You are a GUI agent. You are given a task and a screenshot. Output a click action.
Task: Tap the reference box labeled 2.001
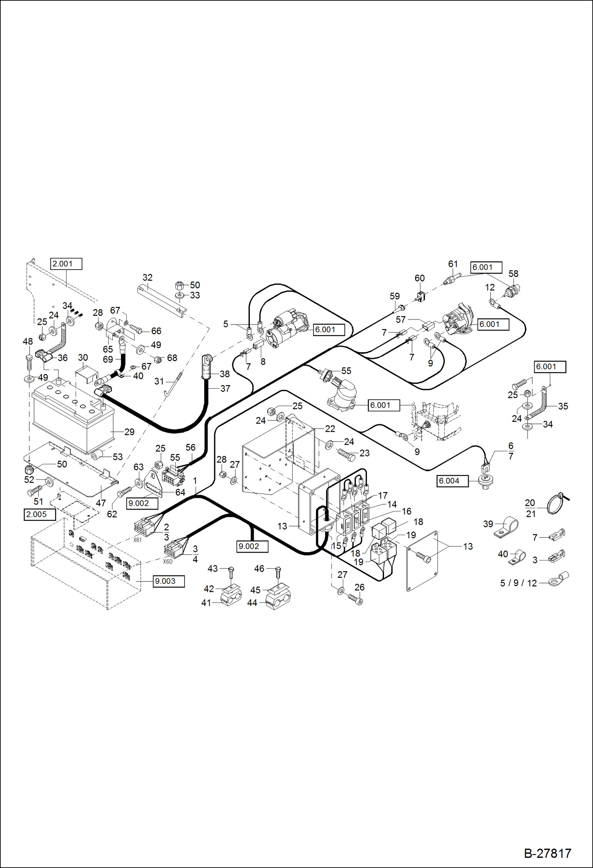click(66, 264)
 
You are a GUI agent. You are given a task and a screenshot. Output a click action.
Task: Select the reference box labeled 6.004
click(452, 481)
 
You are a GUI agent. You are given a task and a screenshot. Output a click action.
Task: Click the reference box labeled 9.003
click(168, 581)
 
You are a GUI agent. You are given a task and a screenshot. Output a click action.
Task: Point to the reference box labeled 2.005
click(39, 515)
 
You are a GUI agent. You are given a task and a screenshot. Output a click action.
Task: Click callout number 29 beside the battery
click(129, 432)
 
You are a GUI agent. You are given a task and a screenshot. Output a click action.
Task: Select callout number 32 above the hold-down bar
click(147, 277)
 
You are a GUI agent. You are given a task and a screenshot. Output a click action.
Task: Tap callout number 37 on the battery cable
click(225, 389)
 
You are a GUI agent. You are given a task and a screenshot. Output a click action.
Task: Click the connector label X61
click(137, 540)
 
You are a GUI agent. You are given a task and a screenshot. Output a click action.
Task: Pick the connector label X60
click(168, 561)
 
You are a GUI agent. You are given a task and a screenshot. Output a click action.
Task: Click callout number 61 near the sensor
click(453, 264)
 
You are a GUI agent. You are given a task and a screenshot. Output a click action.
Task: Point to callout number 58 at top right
click(513, 274)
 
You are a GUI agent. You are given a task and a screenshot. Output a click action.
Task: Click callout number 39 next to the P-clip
click(488, 524)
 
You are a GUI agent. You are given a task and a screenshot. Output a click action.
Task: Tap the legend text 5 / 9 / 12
click(518, 583)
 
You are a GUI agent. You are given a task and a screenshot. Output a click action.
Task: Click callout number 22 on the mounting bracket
click(330, 429)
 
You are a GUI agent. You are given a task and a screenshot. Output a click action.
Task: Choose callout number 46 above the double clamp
click(259, 569)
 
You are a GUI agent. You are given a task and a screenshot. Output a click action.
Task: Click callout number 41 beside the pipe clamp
click(206, 603)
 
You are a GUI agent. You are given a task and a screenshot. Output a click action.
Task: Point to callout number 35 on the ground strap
click(563, 406)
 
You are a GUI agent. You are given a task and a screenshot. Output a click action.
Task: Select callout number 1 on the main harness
click(195, 481)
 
